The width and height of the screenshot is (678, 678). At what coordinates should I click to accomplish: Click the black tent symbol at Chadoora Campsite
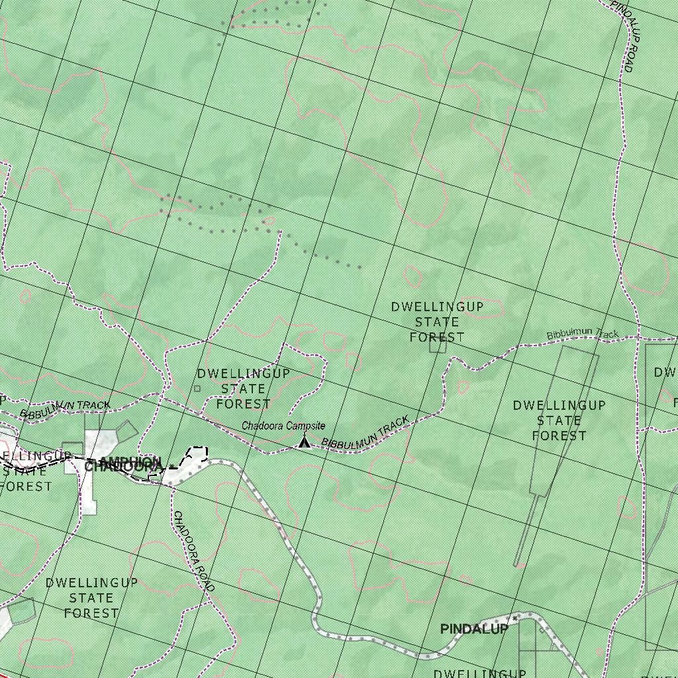(x=305, y=442)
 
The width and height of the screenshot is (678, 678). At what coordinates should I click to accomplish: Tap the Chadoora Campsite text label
(x=283, y=426)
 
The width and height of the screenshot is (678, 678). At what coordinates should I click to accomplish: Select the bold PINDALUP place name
(x=474, y=629)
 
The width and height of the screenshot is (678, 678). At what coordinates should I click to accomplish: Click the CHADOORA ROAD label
(x=193, y=552)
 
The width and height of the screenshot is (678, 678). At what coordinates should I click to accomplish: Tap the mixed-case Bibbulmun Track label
(x=582, y=335)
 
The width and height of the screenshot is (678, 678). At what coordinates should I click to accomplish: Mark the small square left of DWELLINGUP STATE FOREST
(x=197, y=389)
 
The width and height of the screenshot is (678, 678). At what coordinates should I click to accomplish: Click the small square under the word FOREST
(x=438, y=345)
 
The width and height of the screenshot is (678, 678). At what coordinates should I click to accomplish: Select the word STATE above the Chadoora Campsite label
(x=243, y=389)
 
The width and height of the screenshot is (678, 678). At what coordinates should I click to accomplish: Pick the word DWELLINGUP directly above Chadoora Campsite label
(x=243, y=373)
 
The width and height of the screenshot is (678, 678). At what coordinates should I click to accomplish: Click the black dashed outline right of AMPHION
(x=197, y=454)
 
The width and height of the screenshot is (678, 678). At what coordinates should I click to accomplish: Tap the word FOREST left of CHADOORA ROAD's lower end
(x=91, y=613)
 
